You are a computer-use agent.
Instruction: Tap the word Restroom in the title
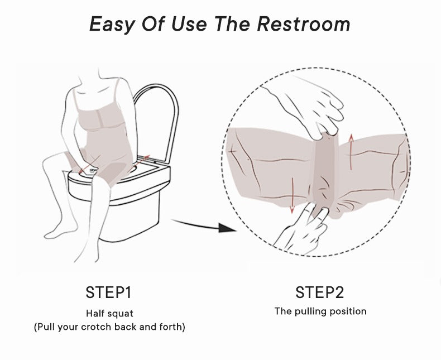(x=304, y=23)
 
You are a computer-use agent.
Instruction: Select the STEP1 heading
(x=108, y=292)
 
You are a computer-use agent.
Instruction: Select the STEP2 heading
(x=319, y=292)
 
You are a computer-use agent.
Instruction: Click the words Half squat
(x=109, y=313)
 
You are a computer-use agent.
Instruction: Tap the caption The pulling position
(x=320, y=311)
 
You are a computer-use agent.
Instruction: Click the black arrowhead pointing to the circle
(x=227, y=228)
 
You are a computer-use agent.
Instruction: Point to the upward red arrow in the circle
(x=351, y=152)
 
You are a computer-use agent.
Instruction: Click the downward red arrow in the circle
(x=292, y=195)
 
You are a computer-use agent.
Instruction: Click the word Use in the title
(x=189, y=23)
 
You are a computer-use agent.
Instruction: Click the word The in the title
(x=233, y=23)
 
